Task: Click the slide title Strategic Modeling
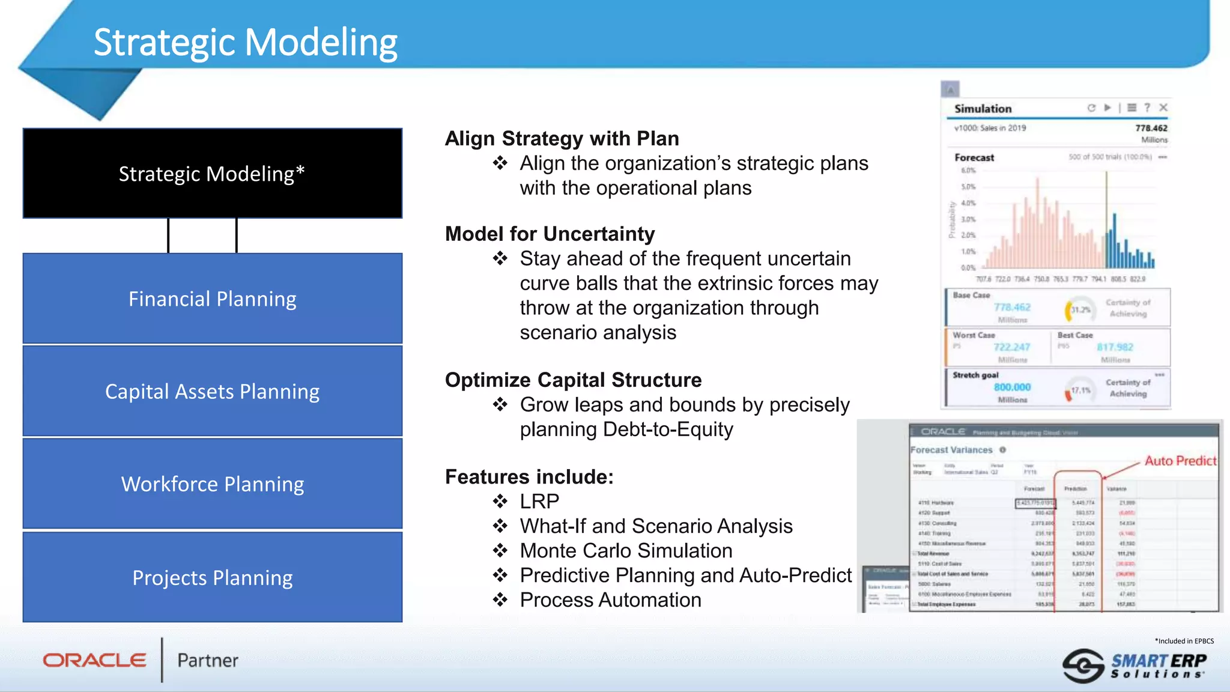tap(245, 43)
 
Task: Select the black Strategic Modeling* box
tap(212, 174)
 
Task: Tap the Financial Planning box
tap(212, 299)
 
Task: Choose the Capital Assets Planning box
tap(212, 392)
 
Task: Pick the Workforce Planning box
tap(212, 484)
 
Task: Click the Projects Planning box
tap(212, 578)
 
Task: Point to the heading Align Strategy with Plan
tap(562, 139)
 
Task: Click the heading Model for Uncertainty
tap(550, 234)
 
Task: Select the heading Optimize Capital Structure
tap(573, 380)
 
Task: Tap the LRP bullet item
tap(539, 501)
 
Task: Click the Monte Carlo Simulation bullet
tap(626, 550)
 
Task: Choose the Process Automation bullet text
tap(610, 599)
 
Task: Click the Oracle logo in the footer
tap(94, 660)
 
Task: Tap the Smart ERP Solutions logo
tap(1135, 666)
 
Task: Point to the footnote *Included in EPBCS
tap(1184, 641)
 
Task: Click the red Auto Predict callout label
tap(1180, 461)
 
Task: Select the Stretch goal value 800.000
tap(1012, 387)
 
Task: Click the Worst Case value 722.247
tap(1011, 347)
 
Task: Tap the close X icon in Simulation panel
tap(1163, 108)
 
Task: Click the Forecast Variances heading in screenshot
tap(951, 450)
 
